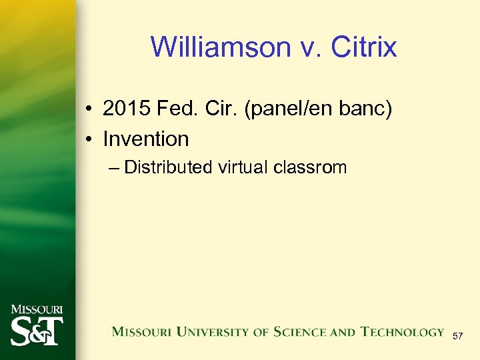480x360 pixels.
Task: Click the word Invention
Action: click(146, 139)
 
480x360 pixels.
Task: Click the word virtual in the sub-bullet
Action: click(243, 167)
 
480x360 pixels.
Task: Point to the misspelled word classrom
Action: click(310, 167)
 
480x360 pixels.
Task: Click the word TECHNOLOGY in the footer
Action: click(402, 332)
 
